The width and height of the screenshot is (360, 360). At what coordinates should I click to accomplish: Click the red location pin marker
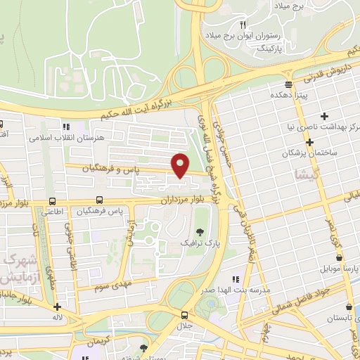(x=181, y=165)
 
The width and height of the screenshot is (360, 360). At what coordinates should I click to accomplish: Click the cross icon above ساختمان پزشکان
(x=324, y=116)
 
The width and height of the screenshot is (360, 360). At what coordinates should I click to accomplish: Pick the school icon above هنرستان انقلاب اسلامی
(x=66, y=127)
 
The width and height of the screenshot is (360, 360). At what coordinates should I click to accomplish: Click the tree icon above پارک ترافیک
(x=201, y=233)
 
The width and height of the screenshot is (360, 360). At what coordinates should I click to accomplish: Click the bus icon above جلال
(x=184, y=315)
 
